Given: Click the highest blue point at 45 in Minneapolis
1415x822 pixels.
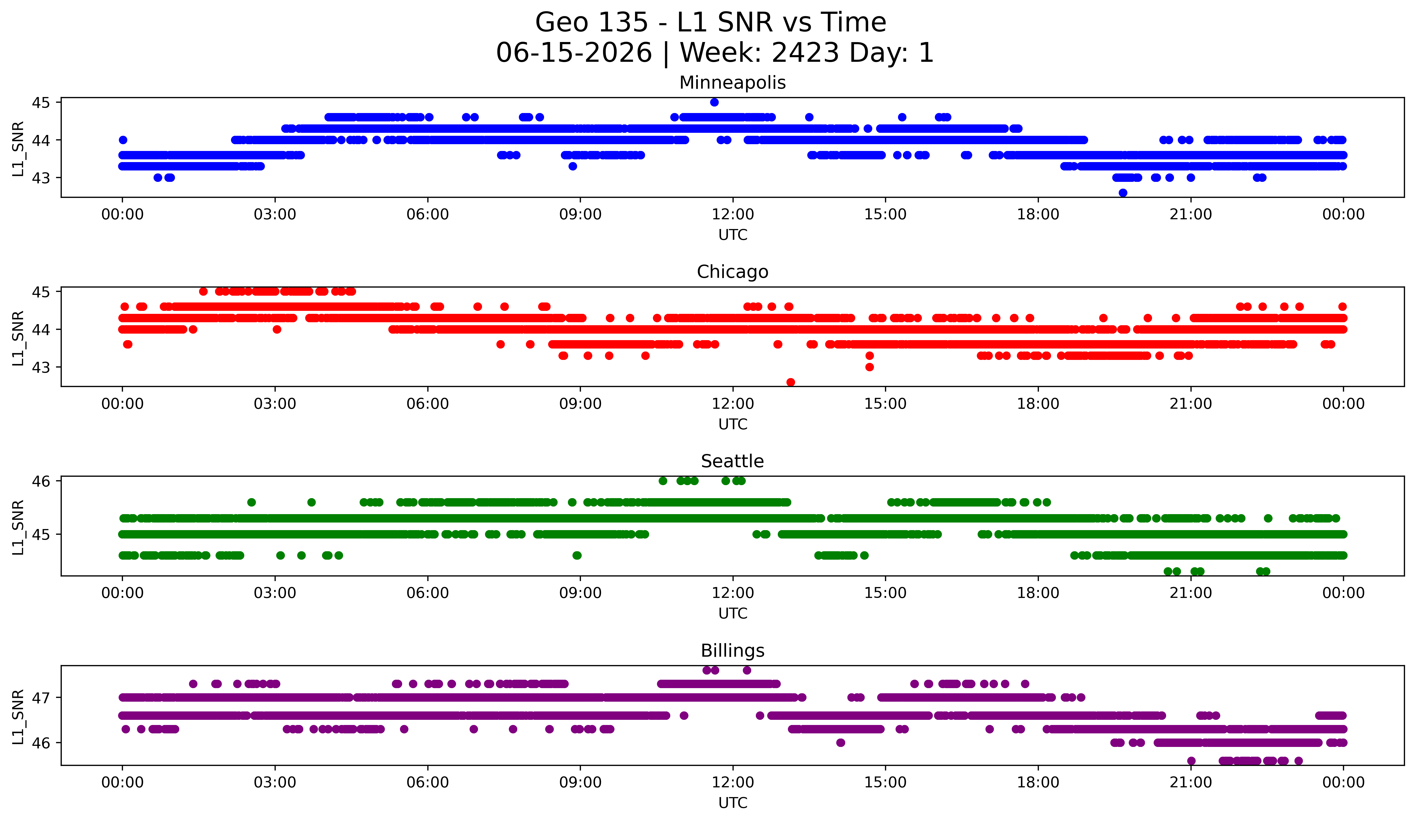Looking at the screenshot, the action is click(714, 102).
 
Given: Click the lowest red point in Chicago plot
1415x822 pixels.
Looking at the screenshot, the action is click(791, 382).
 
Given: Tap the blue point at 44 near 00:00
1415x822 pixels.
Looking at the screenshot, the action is click(123, 140).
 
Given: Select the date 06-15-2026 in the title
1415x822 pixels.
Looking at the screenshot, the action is click(574, 53).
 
